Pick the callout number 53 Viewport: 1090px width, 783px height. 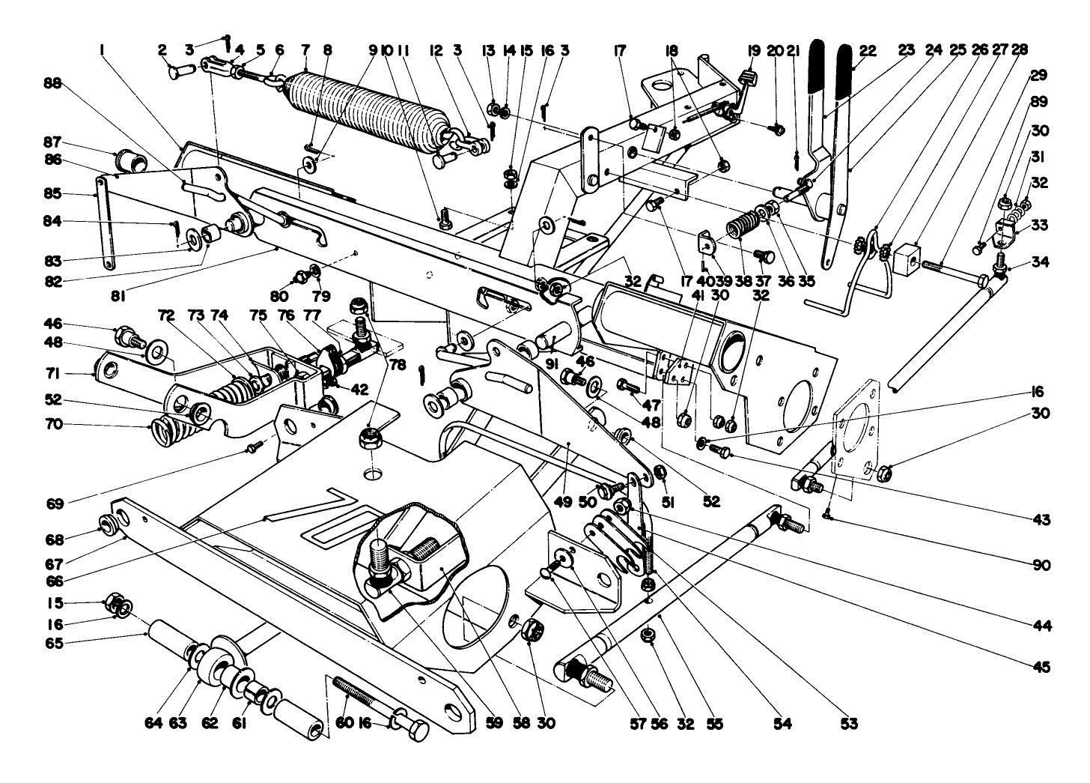click(849, 724)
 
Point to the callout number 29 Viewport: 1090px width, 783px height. click(1039, 75)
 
